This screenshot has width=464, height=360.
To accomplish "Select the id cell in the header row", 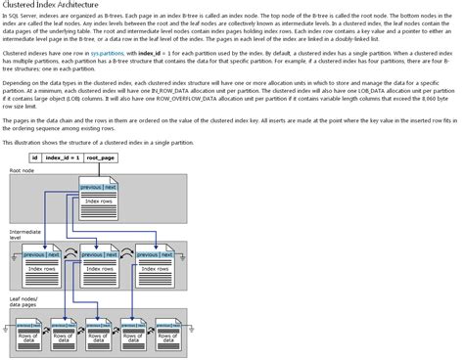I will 35,157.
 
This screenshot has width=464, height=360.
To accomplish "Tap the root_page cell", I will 101,157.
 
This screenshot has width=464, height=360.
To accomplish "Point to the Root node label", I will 22,170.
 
